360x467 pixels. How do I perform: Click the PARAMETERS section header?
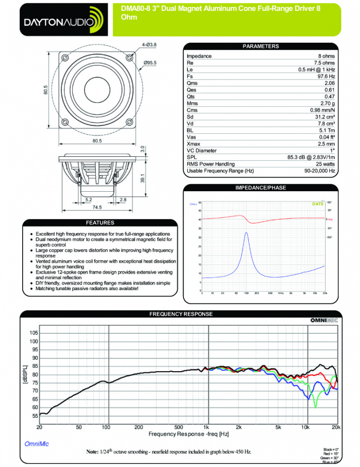pyautogui.click(x=261, y=46)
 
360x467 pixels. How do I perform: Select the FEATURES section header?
pyautogui.click(x=100, y=223)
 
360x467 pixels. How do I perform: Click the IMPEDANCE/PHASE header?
pyautogui.click(x=261, y=188)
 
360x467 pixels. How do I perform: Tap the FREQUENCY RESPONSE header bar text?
pyautogui.click(x=181, y=314)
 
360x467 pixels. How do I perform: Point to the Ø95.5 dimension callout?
pyautogui.click(x=150, y=63)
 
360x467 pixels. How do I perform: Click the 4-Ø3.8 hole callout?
pyautogui.click(x=149, y=45)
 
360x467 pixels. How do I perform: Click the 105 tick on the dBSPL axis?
pyautogui.click(x=33, y=333)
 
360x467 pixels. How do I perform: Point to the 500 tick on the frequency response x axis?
pyautogui.click(x=179, y=427)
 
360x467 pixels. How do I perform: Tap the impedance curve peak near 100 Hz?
pyautogui.click(x=246, y=233)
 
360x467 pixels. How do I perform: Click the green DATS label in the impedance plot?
pyautogui.click(x=318, y=204)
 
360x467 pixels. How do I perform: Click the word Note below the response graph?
pyautogui.click(x=92, y=451)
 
